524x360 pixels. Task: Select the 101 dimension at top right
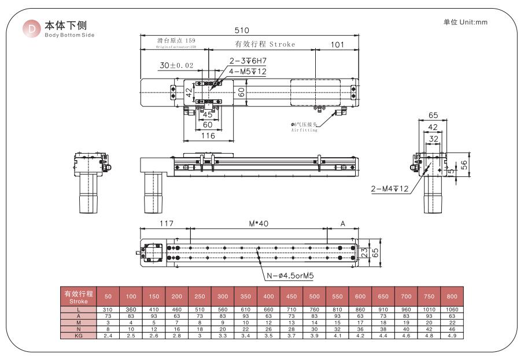coord(338,44)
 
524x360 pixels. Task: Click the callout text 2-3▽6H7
coord(247,61)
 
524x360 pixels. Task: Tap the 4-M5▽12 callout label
coord(247,71)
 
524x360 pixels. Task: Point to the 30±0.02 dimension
coord(176,66)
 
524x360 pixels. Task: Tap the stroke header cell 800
coord(452,296)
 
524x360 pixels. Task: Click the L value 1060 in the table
coord(452,310)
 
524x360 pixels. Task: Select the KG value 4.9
coord(452,335)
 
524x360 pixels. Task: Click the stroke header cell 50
coord(108,296)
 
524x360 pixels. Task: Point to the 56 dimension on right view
coord(464,164)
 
